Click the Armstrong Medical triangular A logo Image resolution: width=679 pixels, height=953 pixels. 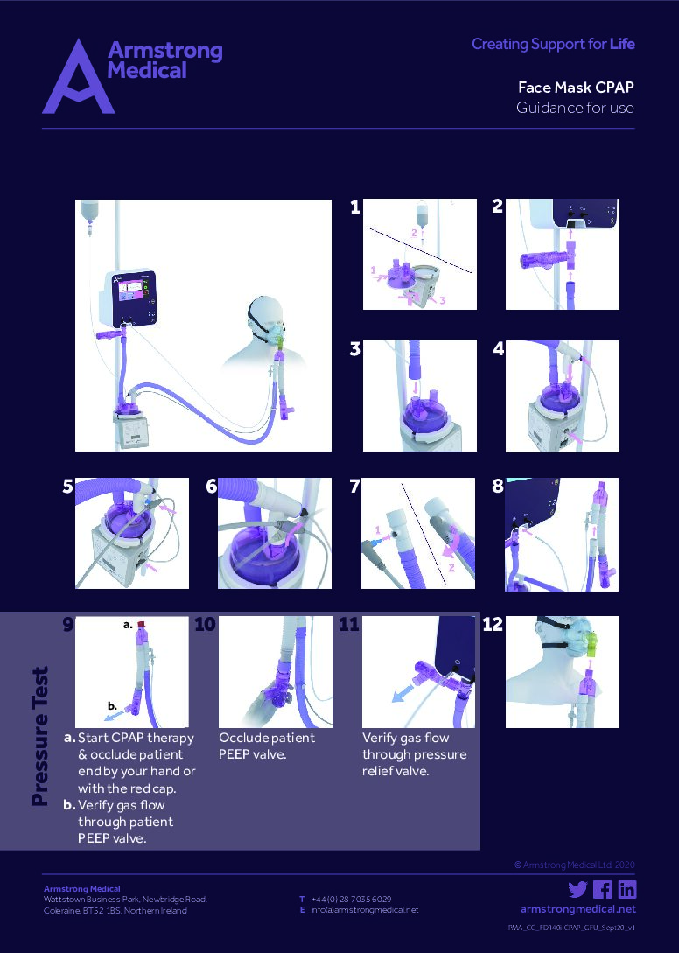click(78, 79)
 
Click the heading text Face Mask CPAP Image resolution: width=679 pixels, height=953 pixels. click(575, 88)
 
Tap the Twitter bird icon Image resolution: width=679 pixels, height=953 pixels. click(577, 890)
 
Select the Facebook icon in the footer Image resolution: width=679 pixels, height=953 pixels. click(602, 890)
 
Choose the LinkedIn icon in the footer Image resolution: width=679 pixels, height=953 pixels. click(626, 890)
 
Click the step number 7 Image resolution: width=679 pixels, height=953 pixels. click(354, 487)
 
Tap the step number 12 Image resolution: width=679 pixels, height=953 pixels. click(493, 625)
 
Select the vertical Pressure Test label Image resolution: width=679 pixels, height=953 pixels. click(39, 736)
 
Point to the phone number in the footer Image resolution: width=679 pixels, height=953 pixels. click(351, 899)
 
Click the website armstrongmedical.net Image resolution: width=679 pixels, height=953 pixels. click(577, 909)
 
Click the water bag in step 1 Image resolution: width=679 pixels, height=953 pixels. click(422, 214)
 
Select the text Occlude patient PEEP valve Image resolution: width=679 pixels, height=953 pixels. click(266, 746)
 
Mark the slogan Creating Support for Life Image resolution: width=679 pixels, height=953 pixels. click(553, 44)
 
